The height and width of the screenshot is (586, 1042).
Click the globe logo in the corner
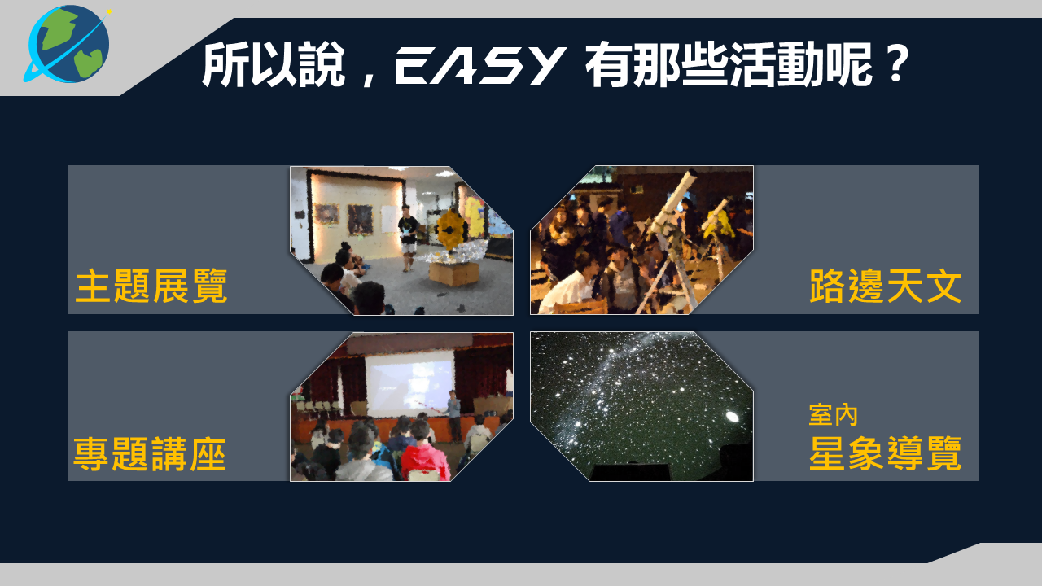[x=69, y=45]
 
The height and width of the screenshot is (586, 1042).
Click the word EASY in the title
[x=479, y=65]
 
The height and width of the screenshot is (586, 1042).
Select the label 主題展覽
[x=151, y=286]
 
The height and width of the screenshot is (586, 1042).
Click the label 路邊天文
[x=885, y=286]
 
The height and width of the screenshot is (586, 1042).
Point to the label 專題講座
[x=150, y=454]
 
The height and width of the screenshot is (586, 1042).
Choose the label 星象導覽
[x=885, y=453]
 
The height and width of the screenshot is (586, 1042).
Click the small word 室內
[x=833, y=415]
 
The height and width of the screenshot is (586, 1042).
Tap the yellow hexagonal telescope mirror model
[x=450, y=230]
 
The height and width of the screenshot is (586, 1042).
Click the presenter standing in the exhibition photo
[x=409, y=237]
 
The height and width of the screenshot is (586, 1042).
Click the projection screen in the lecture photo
[x=409, y=384]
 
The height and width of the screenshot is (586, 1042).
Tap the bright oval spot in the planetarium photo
[x=732, y=416]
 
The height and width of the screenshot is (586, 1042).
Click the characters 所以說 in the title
[x=274, y=64]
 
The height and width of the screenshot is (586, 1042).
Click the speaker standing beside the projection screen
[x=453, y=415]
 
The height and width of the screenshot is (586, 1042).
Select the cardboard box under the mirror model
[x=453, y=273]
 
